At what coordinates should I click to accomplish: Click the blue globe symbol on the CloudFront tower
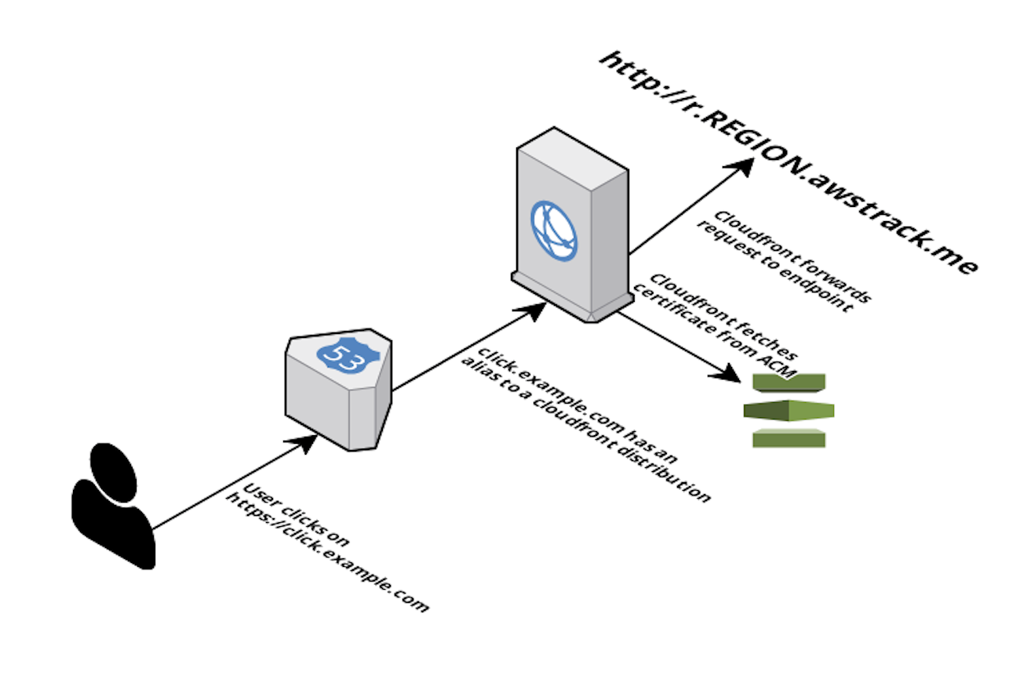click(x=553, y=231)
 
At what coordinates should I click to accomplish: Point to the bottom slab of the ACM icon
click(x=789, y=438)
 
